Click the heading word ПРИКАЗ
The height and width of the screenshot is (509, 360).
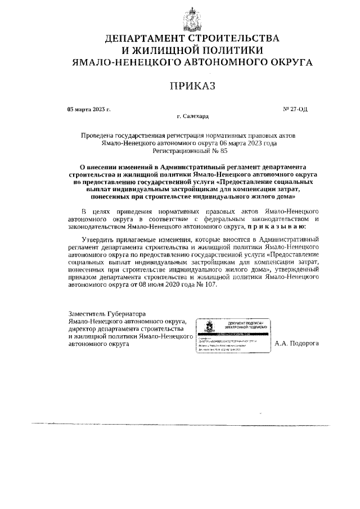click(x=192, y=86)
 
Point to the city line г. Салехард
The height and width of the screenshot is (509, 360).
click(x=192, y=117)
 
